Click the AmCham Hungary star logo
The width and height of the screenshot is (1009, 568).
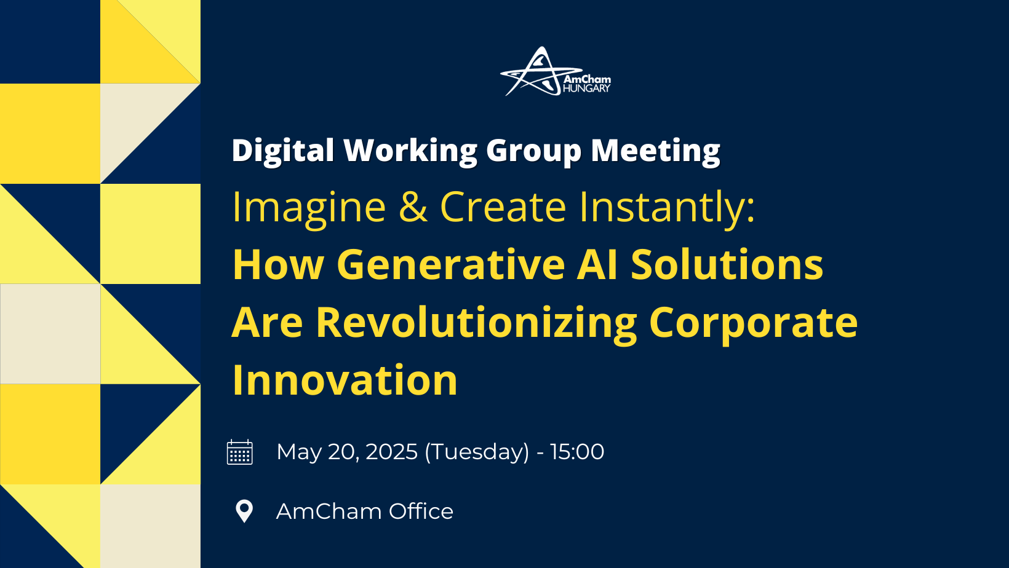click(x=555, y=71)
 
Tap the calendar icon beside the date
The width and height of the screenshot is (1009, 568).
click(x=240, y=452)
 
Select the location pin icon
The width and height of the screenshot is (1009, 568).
click(x=244, y=511)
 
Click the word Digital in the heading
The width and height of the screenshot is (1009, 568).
click(x=283, y=151)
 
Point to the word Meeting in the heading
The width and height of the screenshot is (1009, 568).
click(x=655, y=151)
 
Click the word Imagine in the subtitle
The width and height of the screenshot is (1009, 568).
click(x=309, y=207)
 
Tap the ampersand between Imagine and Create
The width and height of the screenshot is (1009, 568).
click(x=413, y=207)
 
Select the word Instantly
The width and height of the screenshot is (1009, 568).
click(x=667, y=207)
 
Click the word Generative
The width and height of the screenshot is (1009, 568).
click(x=450, y=265)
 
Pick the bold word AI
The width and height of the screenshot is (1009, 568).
click(x=597, y=265)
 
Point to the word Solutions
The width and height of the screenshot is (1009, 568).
click(x=727, y=264)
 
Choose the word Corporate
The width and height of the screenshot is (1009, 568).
click(x=753, y=323)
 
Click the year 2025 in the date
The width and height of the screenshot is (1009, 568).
click(x=391, y=451)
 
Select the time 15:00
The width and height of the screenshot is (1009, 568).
click(x=577, y=451)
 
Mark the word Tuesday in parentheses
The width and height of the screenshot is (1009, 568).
click(x=477, y=452)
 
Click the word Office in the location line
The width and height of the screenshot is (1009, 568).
click(x=421, y=511)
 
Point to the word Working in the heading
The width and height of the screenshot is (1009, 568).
click(x=410, y=151)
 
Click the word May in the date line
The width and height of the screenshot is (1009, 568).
click(x=298, y=452)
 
